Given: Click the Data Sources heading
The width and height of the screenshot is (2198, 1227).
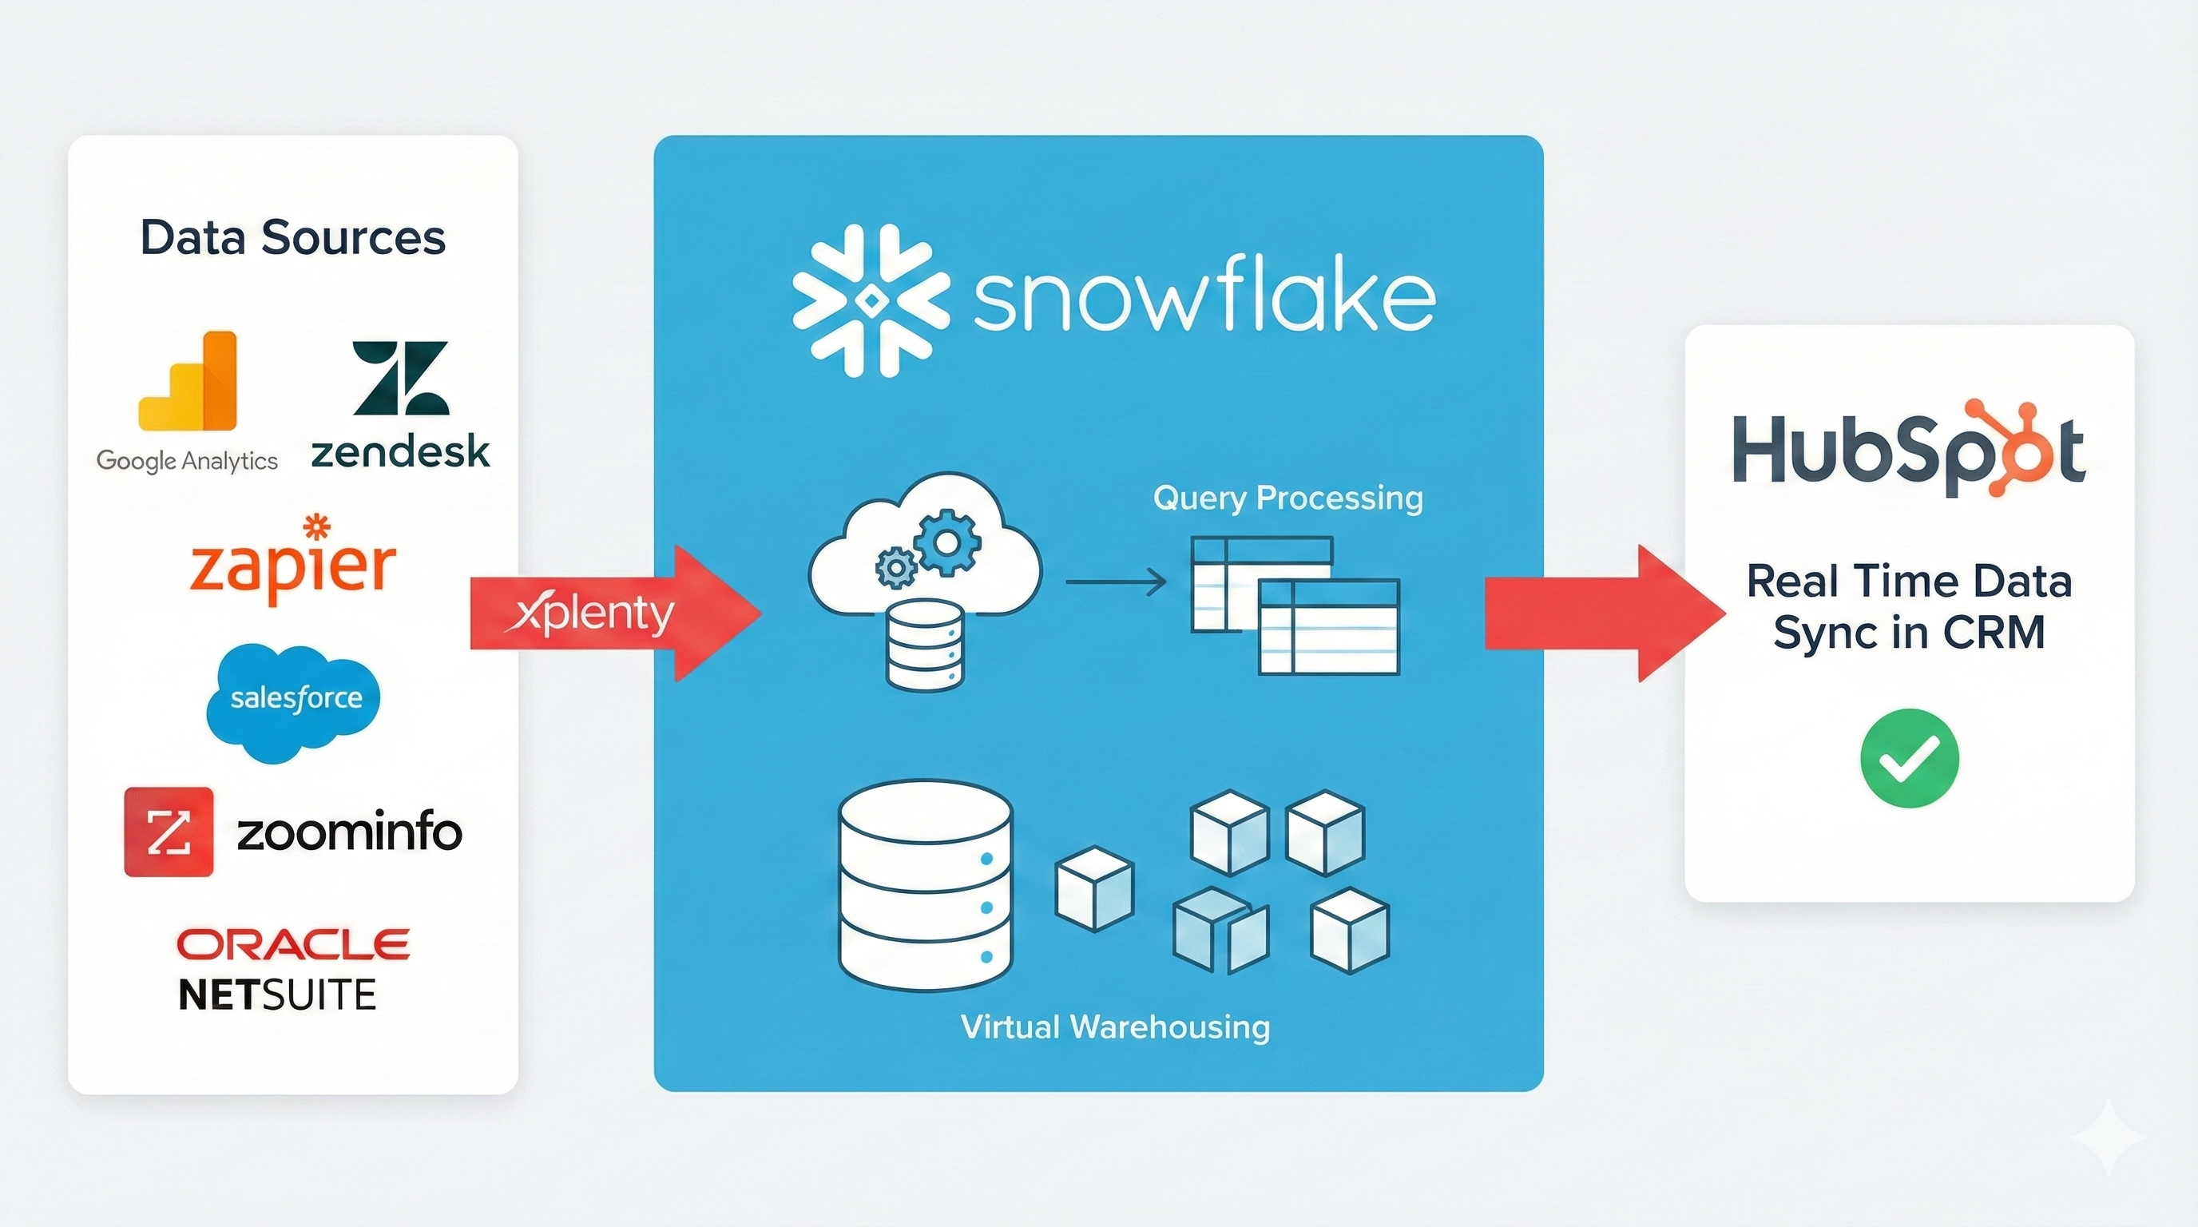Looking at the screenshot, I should [292, 237].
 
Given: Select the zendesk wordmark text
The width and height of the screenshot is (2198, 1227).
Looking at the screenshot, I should [400, 452].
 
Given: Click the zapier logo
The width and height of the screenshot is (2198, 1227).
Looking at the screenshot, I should [292, 562].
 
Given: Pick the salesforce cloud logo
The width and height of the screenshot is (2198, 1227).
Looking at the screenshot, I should [295, 701].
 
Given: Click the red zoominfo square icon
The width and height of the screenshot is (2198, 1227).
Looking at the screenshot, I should [168, 832].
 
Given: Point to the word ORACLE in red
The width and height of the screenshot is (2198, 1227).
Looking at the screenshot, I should [292, 944].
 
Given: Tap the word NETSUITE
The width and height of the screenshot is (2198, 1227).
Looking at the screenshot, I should [277, 995].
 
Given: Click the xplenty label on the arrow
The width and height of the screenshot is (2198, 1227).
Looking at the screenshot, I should [595, 613].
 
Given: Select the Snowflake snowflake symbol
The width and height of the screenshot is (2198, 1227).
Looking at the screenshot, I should [871, 300].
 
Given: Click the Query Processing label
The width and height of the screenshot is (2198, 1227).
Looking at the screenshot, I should [1287, 498].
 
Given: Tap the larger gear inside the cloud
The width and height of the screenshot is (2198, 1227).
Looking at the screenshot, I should [948, 541].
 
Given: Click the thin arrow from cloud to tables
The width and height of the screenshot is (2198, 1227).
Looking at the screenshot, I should [1116, 583].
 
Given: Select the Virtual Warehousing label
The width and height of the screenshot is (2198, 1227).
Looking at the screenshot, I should [1115, 1026].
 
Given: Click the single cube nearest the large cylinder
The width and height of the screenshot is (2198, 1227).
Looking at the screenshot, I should [1095, 888].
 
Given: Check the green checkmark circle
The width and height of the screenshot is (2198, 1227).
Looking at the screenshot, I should [1910, 759].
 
